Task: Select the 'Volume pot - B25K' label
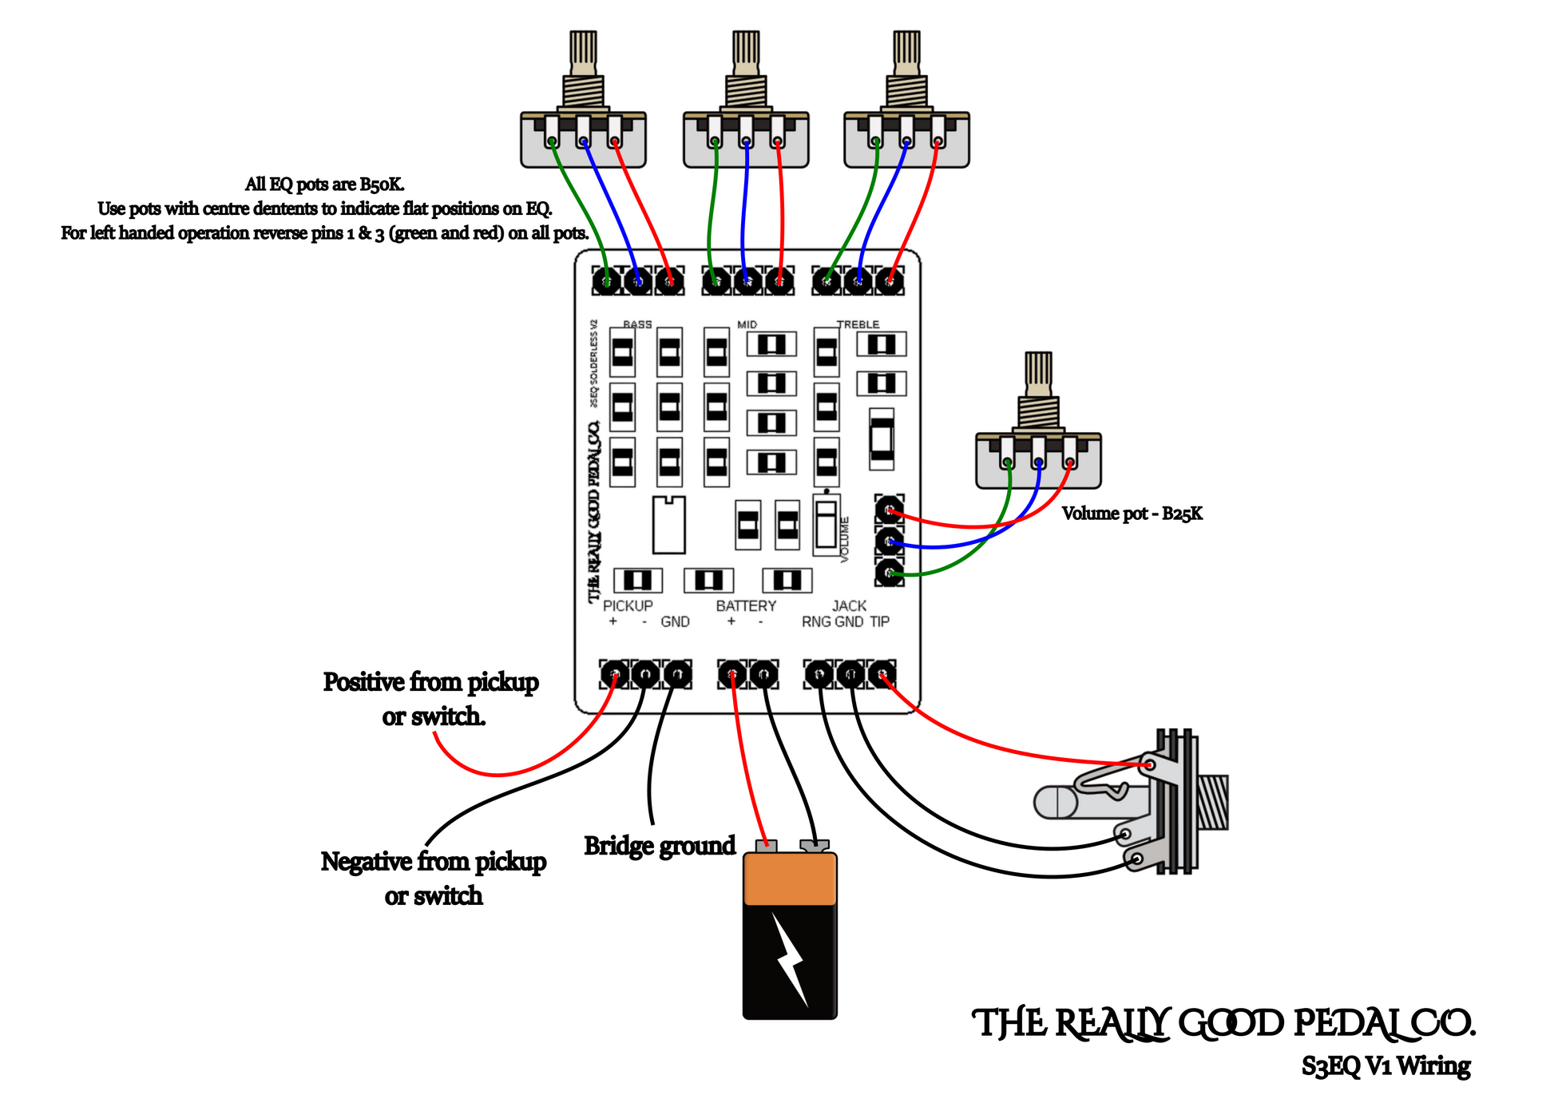click(1132, 514)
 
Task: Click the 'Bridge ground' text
click(660, 846)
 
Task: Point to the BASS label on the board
click(637, 324)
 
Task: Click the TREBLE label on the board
click(858, 324)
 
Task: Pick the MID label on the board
click(747, 324)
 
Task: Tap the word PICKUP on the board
click(628, 606)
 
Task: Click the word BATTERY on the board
click(746, 606)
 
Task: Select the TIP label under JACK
click(879, 622)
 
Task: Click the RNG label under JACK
click(816, 622)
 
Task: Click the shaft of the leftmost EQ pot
click(583, 52)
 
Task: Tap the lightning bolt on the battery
click(790, 958)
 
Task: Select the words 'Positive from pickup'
click(430, 682)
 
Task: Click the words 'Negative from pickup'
click(434, 862)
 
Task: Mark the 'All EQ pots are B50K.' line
click(324, 184)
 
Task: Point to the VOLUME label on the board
click(845, 539)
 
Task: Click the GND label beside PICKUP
click(675, 622)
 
